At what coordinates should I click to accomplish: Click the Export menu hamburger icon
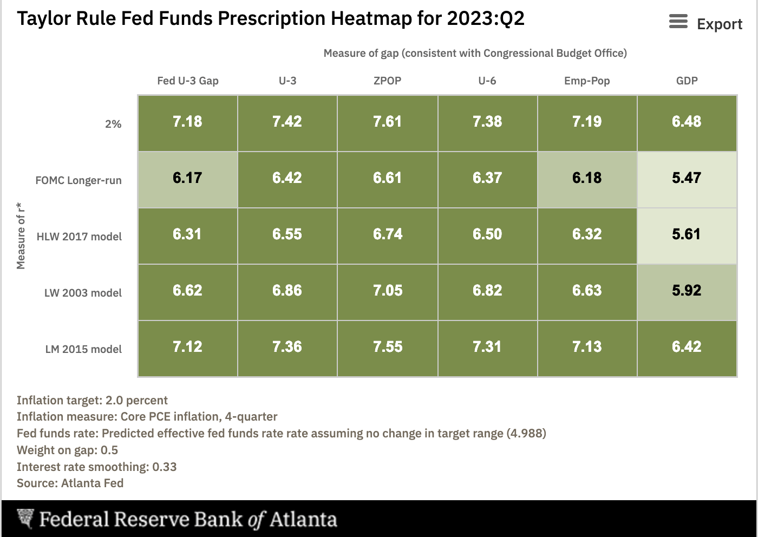pos(678,22)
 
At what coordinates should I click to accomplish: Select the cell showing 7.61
pos(387,122)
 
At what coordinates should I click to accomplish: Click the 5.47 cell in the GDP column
pos(687,178)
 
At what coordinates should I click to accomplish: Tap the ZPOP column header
pos(387,81)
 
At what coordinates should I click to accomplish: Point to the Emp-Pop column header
pos(587,81)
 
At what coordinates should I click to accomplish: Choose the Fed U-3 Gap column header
pos(187,81)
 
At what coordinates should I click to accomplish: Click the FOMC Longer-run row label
pos(79,180)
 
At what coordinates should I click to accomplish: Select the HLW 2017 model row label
pos(79,237)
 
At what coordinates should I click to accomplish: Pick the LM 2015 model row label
pos(83,349)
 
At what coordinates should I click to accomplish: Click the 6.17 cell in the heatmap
pos(187,178)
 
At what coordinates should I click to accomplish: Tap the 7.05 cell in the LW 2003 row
pos(387,291)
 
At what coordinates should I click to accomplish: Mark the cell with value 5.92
pos(687,291)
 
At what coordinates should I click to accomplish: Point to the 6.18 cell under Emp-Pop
pos(587,178)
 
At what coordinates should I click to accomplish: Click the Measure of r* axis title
pos(21,235)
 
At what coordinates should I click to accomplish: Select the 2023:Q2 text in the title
pos(485,18)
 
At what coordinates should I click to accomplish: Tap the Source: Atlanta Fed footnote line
pos(70,483)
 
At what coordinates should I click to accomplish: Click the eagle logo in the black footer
pos(25,519)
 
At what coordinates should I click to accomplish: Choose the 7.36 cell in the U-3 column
pos(287,347)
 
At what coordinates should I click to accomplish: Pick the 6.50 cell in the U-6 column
pos(487,234)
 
